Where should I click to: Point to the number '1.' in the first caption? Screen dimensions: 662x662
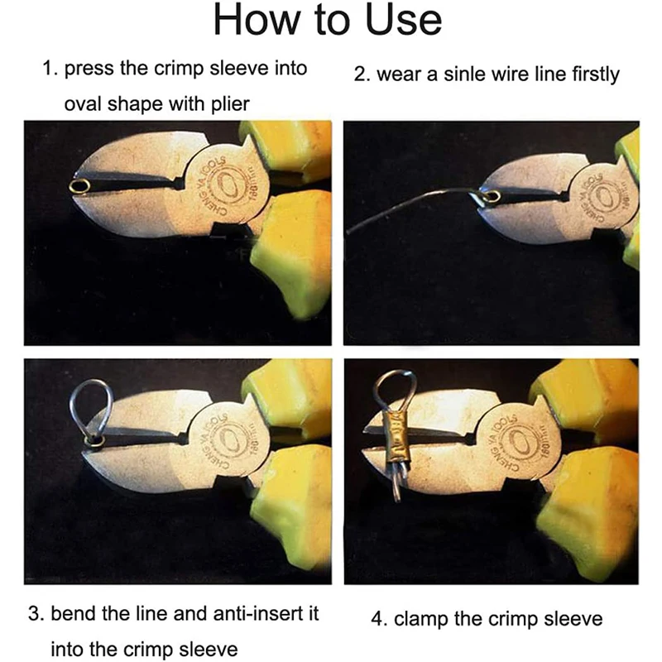[x=50, y=68]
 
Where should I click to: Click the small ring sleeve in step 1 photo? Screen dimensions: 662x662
[x=80, y=187]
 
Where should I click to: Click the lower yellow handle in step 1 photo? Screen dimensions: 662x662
[x=290, y=248]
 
